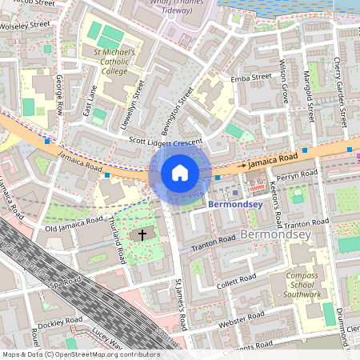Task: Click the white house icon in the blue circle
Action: [180, 173]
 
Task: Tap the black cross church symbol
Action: [143, 234]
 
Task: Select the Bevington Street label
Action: [180, 108]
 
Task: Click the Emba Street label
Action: [250, 78]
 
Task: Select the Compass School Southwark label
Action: [304, 285]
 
